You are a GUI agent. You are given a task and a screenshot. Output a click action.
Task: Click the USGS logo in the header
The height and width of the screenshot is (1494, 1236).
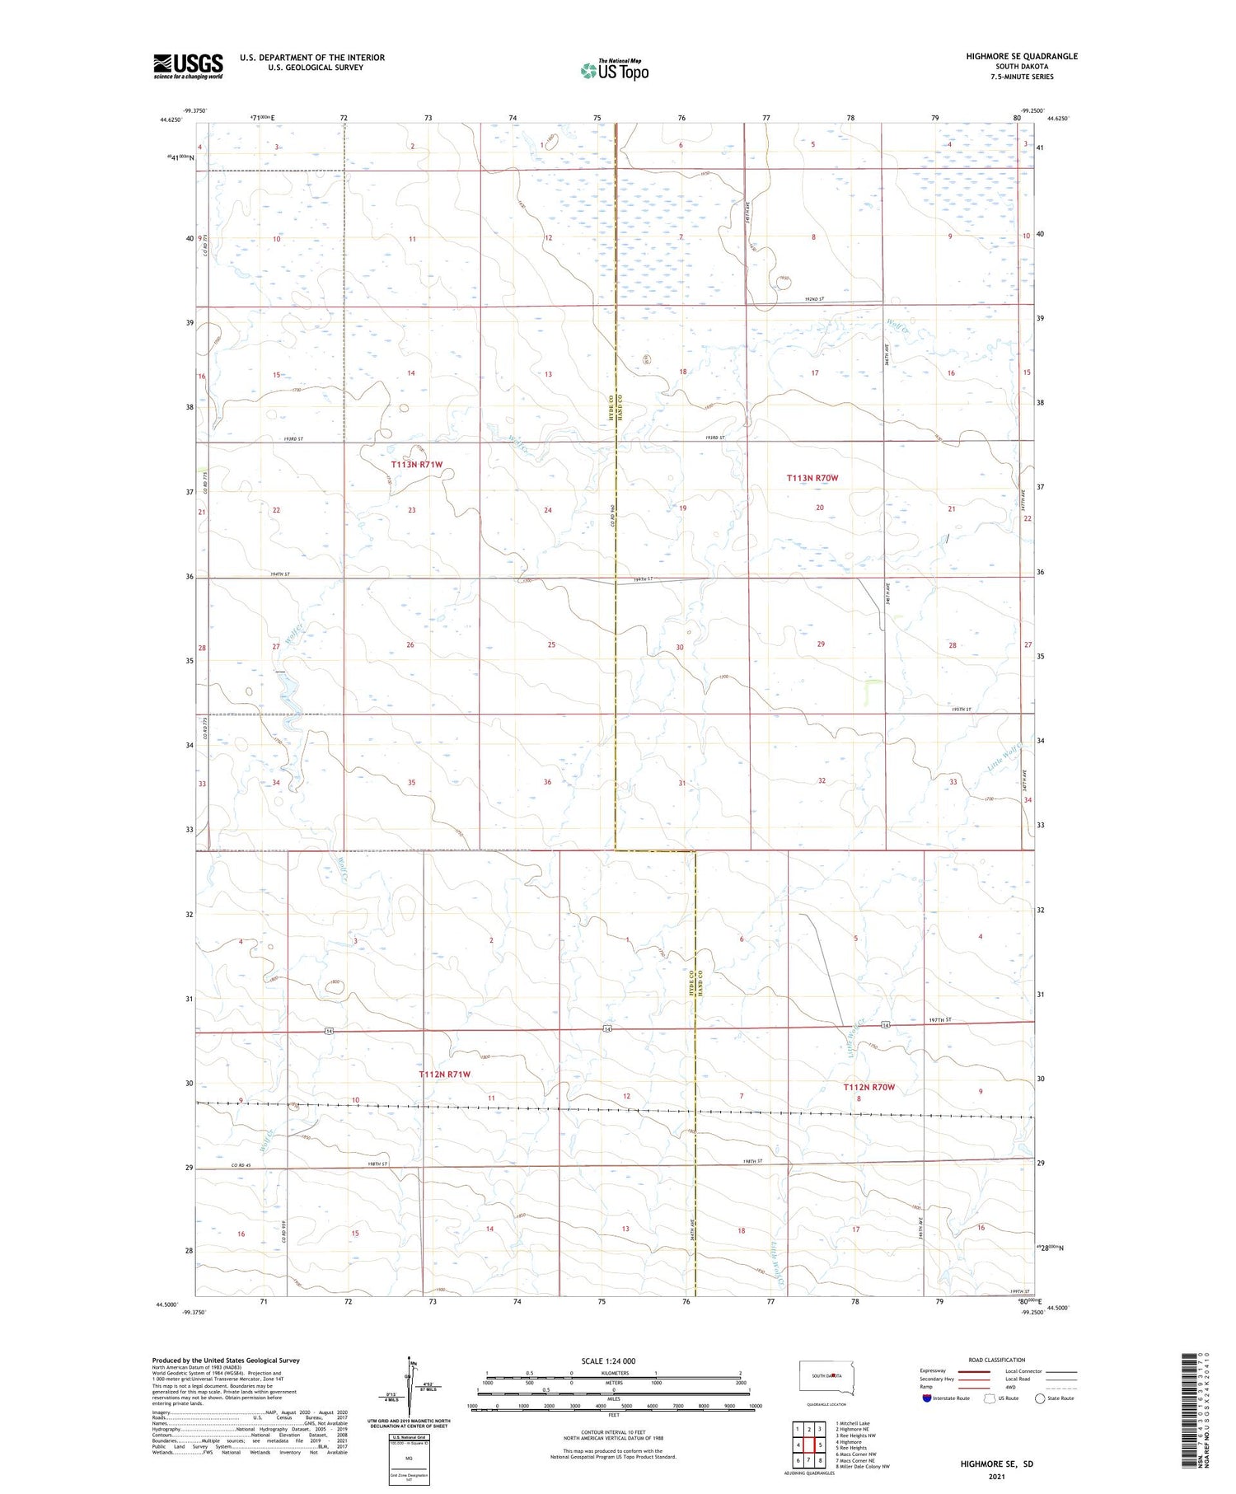[188, 65]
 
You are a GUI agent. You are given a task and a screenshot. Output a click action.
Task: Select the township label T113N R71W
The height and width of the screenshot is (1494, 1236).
[416, 465]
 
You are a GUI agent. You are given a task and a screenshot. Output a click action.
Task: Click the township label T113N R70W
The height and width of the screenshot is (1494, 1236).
[812, 478]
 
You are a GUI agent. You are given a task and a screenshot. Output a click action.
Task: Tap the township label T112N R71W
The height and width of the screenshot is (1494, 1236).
[444, 1075]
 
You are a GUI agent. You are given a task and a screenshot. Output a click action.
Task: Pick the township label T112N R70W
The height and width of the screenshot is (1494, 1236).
[868, 1087]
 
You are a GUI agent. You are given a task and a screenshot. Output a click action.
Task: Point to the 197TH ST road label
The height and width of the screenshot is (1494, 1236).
[939, 1020]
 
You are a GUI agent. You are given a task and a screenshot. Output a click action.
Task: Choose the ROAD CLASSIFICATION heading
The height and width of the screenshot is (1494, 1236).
[997, 1360]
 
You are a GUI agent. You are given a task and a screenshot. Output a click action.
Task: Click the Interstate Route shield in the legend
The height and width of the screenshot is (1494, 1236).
[926, 1398]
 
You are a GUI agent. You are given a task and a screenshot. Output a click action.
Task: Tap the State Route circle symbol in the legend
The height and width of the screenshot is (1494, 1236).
[1040, 1398]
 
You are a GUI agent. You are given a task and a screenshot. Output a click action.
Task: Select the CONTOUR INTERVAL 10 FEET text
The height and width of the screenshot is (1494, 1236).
[613, 1433]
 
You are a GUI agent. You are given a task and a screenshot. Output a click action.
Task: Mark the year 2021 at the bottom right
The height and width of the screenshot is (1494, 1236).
[996, 1476]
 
